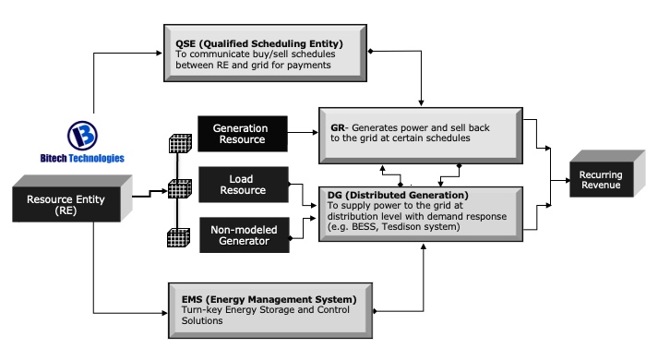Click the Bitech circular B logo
82,135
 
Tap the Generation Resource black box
243,134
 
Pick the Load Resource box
244,185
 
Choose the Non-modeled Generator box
245,235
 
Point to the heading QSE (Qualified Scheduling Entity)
259,43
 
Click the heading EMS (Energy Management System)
269,299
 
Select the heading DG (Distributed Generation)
398,195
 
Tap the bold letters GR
338,127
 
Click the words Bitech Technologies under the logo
82,158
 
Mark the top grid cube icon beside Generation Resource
181,143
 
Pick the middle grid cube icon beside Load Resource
180,188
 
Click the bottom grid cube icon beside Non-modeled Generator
179,237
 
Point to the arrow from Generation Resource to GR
303,133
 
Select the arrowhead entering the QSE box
159,53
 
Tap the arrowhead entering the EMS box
164,313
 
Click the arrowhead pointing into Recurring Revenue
568,180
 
